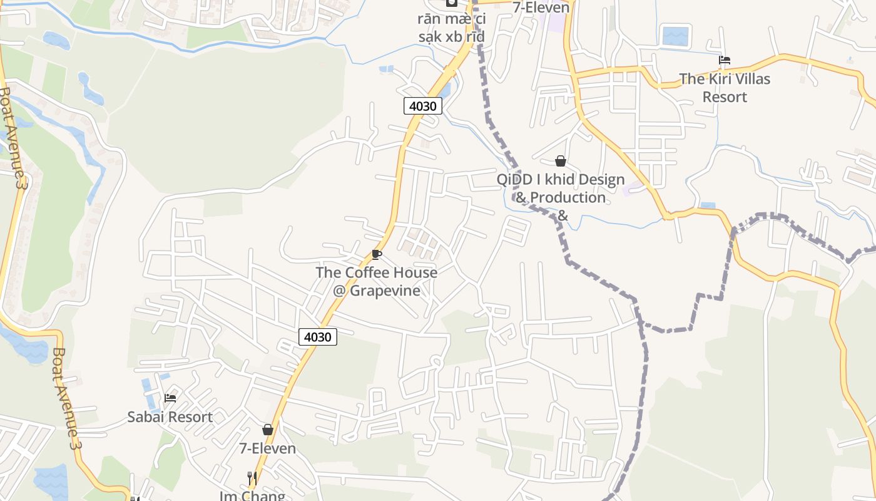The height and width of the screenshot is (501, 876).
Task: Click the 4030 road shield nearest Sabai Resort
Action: click(317, 337)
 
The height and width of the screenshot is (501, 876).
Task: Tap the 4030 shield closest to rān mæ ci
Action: click(422, 106)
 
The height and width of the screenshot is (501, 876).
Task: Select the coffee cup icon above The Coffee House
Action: click(376, 254)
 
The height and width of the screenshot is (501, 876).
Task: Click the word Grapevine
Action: click(385, 291)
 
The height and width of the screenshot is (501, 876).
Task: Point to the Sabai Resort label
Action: click(170, 416)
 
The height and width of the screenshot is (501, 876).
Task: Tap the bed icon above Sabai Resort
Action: click(170, 398)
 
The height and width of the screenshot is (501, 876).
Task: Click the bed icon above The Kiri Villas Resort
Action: click(725, 61)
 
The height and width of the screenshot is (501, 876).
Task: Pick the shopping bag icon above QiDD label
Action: click(561, 162)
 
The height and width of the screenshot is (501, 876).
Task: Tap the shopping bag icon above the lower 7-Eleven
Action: click(268, 430)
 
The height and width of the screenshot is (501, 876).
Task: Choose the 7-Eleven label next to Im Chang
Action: click(268, 448)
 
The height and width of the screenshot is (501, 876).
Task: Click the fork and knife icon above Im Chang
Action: click(252, 478)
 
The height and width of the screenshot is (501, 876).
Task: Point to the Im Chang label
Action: click(252, 495)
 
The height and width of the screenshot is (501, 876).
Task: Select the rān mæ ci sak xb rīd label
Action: click(451, 28)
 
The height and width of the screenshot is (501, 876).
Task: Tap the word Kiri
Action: click(718, 79)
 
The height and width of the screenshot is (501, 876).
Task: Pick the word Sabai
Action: click(145, 416)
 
